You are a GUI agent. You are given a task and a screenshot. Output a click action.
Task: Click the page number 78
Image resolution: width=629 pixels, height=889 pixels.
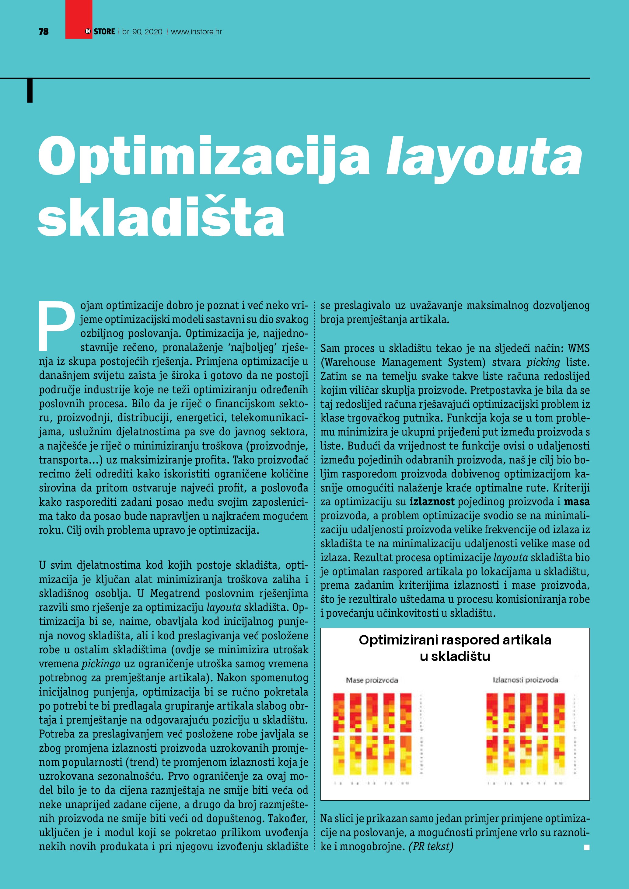click(x=44, y=32)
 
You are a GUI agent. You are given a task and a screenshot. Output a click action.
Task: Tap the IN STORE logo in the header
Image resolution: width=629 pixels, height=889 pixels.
click(x=100, y=32)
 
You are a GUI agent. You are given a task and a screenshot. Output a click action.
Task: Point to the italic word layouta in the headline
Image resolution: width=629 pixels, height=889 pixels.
click(x=484, y=157)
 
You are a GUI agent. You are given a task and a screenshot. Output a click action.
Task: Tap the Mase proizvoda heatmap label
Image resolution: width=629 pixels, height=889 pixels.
click(x=372, y=680)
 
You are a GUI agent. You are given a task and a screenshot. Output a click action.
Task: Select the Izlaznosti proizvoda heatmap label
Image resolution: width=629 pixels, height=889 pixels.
click(x=525, y=680)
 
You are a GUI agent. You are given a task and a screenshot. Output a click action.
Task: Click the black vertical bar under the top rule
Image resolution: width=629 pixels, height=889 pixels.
click(x=30, y=91)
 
